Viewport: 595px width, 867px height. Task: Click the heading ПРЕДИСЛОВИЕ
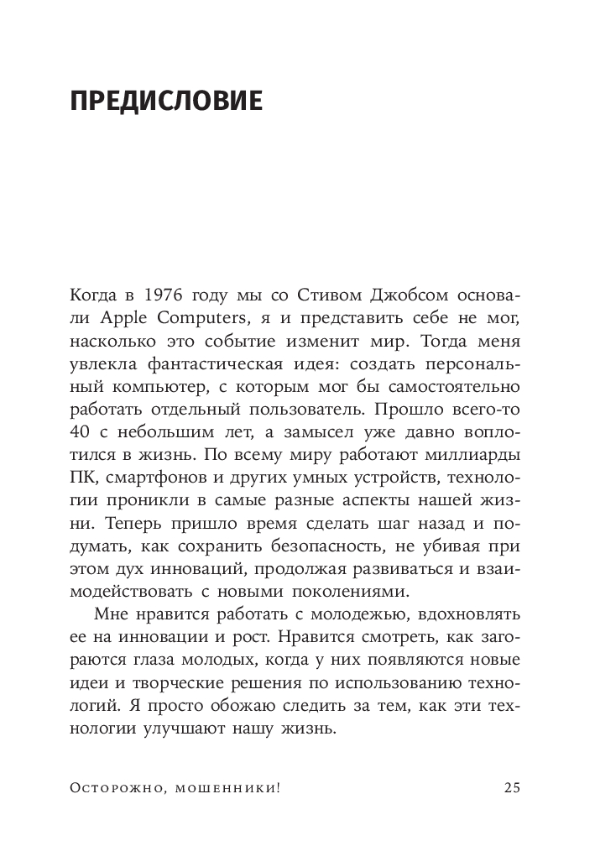point(167,102)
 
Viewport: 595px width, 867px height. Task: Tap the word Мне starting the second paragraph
point(110,617)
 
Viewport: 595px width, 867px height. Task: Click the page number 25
point(512,787)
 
